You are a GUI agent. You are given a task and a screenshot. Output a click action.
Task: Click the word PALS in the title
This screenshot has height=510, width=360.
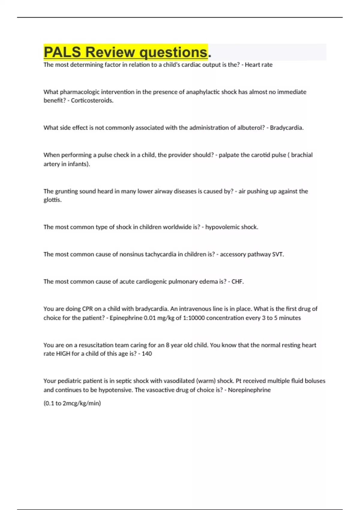click(x=62, y=52)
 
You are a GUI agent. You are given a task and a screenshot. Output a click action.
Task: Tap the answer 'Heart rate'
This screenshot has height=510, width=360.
click(x=259, y=65)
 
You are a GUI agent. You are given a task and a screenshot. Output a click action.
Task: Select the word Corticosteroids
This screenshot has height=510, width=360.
click(x=92, y=101)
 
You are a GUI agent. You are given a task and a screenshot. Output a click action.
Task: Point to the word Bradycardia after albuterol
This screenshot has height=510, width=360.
click(x=286, y=128)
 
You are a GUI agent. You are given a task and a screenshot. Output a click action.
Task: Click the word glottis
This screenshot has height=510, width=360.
click(x=52, y=200)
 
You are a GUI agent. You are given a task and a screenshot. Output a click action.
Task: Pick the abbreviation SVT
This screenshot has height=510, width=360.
click(x=277, y=254)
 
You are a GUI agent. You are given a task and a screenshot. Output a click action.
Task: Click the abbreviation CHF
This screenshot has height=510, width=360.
click(x=237, y=282)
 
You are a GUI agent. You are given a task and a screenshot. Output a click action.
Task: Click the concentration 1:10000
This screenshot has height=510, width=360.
click(x=193, y=318)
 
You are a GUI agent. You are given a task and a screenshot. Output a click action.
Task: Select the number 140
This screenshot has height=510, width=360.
click(x=147, y=354)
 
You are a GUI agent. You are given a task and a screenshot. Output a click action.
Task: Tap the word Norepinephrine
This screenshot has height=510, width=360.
click(x=249, y=390)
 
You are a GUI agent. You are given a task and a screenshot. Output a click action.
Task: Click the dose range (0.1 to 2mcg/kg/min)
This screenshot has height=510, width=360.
click(x=72, y=403)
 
